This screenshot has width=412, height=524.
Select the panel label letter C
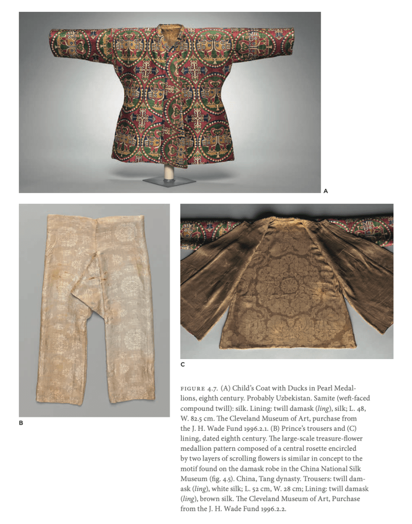point(182,365)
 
